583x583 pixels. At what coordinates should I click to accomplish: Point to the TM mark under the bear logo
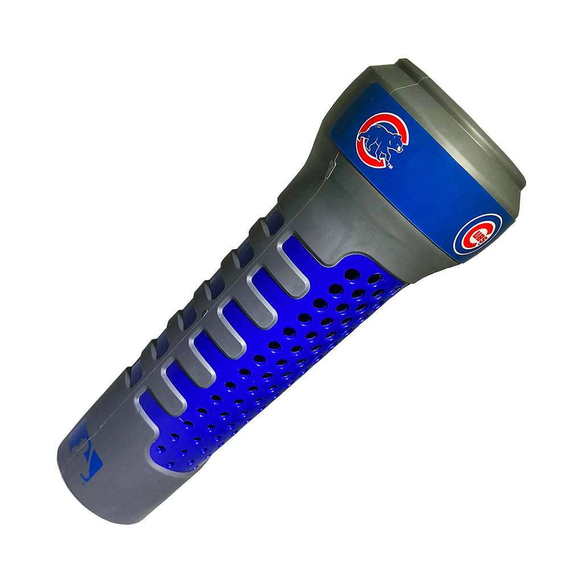click(x=391, y=166)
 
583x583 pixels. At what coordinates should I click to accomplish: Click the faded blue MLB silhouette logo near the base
click(x=85, y=455)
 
